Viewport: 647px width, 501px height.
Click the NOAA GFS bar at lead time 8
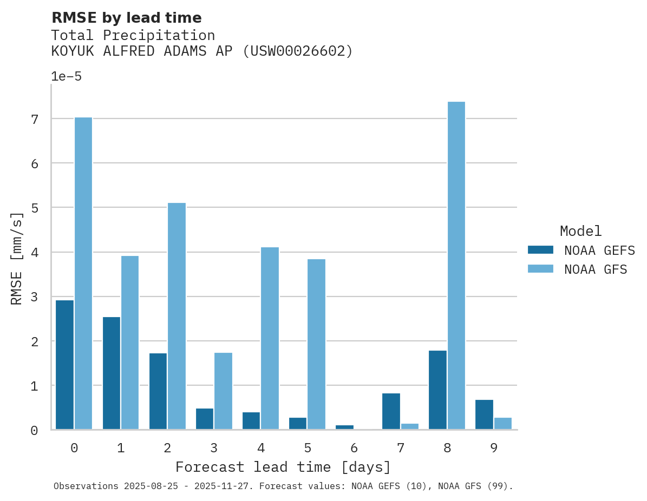point(456,266)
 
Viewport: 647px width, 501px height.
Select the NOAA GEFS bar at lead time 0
point(65,365)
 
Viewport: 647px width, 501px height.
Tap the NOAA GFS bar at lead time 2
point(177,316)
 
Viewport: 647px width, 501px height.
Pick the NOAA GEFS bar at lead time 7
point(391,411)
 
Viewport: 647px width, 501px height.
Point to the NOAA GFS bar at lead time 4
point(270,338)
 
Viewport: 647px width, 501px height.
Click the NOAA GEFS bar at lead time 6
point(344,427)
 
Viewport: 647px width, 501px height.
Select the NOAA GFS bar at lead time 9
point(502,424)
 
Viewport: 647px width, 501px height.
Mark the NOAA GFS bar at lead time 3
point(223,391)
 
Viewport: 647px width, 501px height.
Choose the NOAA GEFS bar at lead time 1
point(112,373)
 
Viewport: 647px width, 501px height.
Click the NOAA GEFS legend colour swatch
point(540,249)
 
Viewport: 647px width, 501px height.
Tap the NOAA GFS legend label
point(596,269)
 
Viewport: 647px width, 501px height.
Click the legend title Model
point(580,232)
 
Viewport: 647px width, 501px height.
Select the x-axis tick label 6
point(354,448)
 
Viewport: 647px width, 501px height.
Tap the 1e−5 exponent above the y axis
point(66,77)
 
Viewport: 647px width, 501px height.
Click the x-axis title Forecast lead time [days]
point(283,467)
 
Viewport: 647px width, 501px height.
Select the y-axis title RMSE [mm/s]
point(17,259)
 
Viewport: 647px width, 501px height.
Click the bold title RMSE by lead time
point(126,18)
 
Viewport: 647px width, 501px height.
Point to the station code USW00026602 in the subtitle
point(297,51)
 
